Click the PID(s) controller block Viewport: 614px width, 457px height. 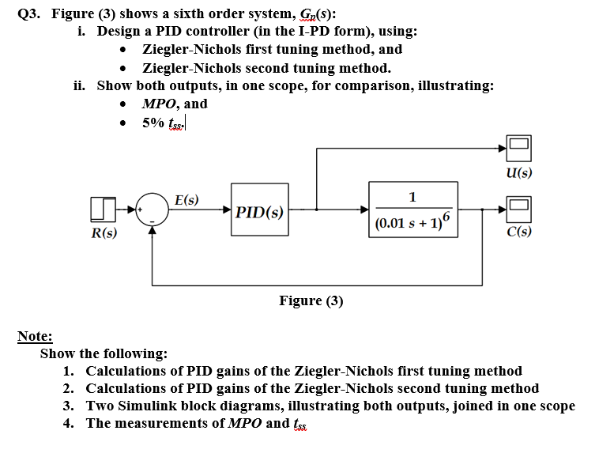[x=259, y=211]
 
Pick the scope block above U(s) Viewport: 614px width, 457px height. [x=518, y=148]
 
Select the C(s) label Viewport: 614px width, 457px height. [x=518, y=232]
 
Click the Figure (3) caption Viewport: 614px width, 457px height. [x=311, y=300]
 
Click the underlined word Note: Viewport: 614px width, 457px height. [x=35, y=336]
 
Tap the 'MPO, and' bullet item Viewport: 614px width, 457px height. [x=174, y=104]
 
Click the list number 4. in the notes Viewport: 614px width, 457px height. [x=69, y=423]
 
